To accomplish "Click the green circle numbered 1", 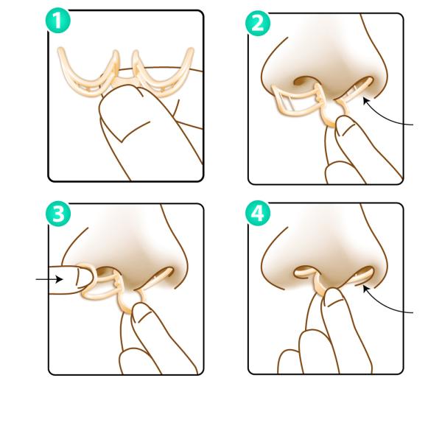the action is (58, 21).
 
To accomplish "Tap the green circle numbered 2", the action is (258, 24).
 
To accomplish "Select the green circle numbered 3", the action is (58, 214).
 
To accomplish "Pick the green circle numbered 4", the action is (258, 213).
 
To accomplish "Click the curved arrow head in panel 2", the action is (366, 101).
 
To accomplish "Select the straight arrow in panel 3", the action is (49, 279).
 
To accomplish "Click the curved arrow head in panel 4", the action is (366, 289).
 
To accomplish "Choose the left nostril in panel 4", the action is (305, 271).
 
